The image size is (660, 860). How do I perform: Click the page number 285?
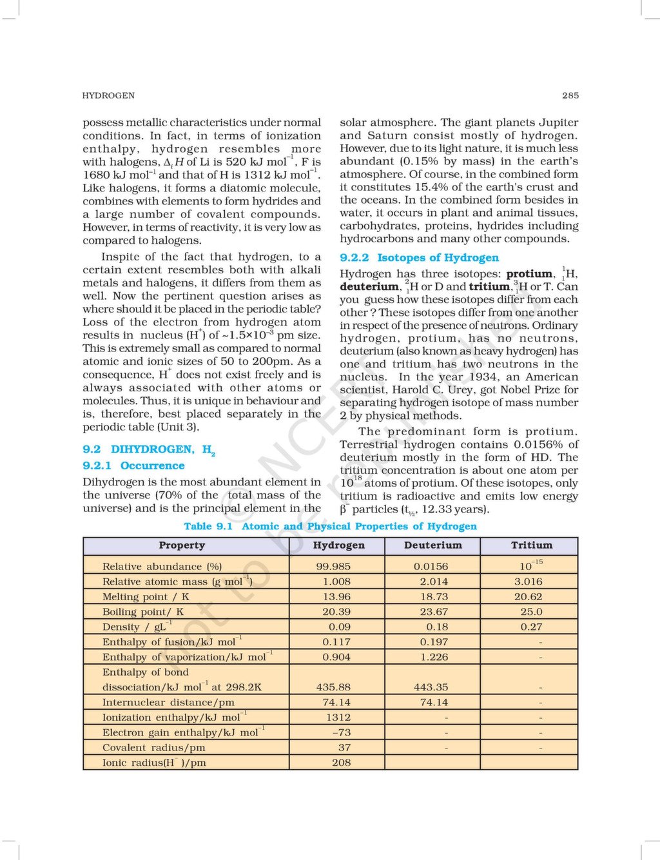[x=570, y=95]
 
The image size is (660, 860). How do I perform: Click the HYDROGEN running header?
[x=108, y=95]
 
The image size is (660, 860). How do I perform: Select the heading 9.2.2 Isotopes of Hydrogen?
[x=419, y=258]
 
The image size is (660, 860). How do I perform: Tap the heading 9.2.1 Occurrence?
[x=133, y=465]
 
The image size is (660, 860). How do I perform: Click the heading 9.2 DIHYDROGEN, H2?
[x=148, y=450]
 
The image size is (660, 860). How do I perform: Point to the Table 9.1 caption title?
[x=330, y=526]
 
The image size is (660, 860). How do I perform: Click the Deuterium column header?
[x=432, y=545]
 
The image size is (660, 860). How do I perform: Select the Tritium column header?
[x=531, y=545]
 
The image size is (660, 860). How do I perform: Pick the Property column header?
[x=182, y=545]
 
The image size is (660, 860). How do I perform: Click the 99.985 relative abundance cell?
[x=333, y=567]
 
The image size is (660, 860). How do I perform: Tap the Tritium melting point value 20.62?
[x=528, y=597]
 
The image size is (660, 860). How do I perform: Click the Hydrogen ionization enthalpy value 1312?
[x=338, y=718]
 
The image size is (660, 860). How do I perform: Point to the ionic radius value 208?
[x=341, y=763]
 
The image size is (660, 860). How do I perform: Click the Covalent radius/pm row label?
[x=153, y=748]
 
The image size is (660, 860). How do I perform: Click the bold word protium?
[x=529, y=274]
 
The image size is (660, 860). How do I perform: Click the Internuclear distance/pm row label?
[x=168, y=703]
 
